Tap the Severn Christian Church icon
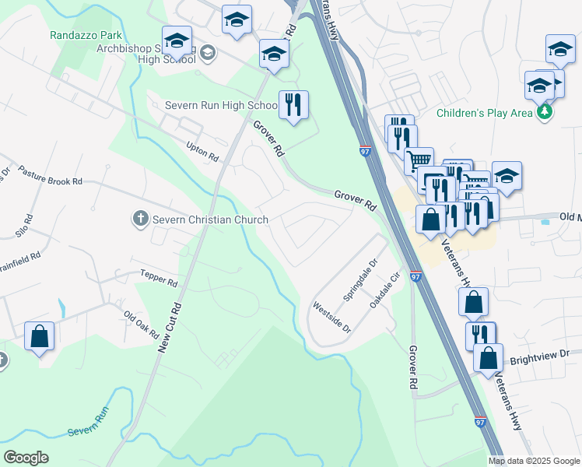140,219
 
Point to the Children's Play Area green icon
545,113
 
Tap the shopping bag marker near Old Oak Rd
39,336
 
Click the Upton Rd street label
202,151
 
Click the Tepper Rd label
160,278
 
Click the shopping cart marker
419,160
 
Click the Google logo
26,458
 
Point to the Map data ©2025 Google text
534,461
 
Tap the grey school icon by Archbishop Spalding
207,53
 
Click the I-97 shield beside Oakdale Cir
415,277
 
